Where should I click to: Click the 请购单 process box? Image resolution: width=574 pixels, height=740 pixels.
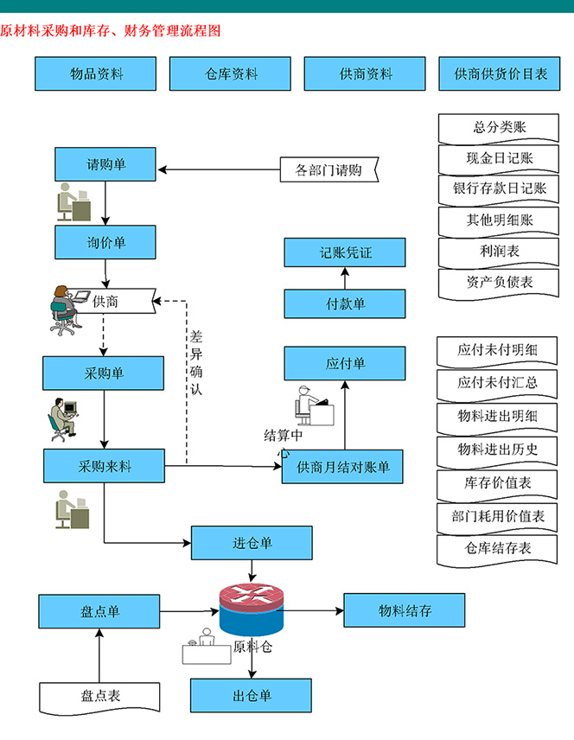click(105, 164)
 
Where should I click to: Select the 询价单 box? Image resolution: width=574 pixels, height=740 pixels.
click(105, 243)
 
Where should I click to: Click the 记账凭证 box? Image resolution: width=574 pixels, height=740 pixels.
click(345, 253)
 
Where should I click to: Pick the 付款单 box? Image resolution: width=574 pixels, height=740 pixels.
click(345, 303)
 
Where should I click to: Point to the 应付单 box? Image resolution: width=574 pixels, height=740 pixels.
click(345, 364)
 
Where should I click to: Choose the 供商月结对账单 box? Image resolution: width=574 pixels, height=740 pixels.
click(342, 468)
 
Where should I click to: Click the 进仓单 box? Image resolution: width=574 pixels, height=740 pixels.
click(252, 543)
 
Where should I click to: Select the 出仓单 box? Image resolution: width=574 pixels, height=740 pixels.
click(252, 695)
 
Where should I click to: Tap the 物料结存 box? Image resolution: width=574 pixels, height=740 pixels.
click(405, 611)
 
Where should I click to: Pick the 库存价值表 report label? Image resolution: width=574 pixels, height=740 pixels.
click(497, 482)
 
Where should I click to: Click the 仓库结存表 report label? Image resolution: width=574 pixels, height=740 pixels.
click(497, 548)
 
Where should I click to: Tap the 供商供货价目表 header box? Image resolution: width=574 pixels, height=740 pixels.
click(501, 74)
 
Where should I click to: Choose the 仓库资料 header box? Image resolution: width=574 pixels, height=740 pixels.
click(231, 74)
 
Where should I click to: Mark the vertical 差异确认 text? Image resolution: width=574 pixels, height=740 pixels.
click(196, 362)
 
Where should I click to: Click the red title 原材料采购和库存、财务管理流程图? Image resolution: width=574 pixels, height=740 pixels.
click(111, 30)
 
